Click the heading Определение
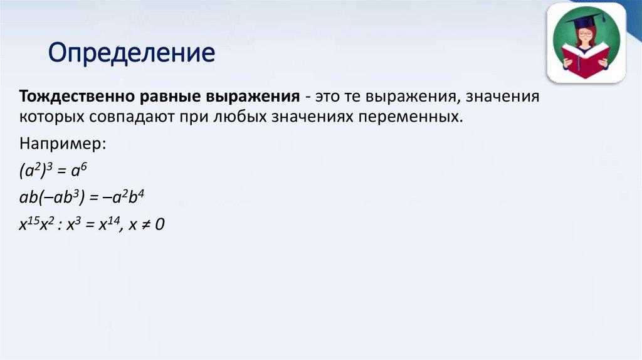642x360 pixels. pyautogui.click(x=132, y=53)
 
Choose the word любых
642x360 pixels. pyautogui.click(x=233, y=117)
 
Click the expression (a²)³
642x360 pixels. pyautogui.click(x=38, y=170)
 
